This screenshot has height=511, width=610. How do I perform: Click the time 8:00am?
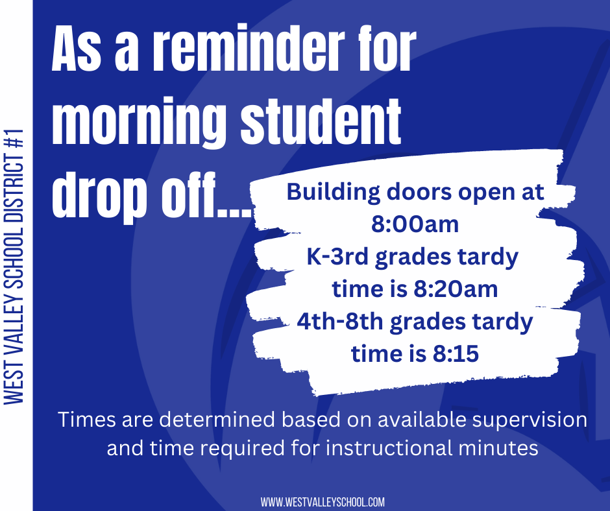click(x=415, y=224)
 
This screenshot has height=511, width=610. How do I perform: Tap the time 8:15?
click(x=456, y=354)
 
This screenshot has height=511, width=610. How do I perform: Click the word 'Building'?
click(x=334, y=193)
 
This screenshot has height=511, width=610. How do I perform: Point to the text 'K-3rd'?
click(x=337, y=257)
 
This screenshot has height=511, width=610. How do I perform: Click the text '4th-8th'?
click(x=340, y=322)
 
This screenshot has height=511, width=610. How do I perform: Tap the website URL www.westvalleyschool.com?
click(x=323, y=502)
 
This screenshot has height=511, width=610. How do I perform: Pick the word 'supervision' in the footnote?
click(x=530, y=420)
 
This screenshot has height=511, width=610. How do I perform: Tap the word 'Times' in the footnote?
click(x=87, y=420)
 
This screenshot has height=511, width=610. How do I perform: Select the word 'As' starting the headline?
click(x=77, y=48)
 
